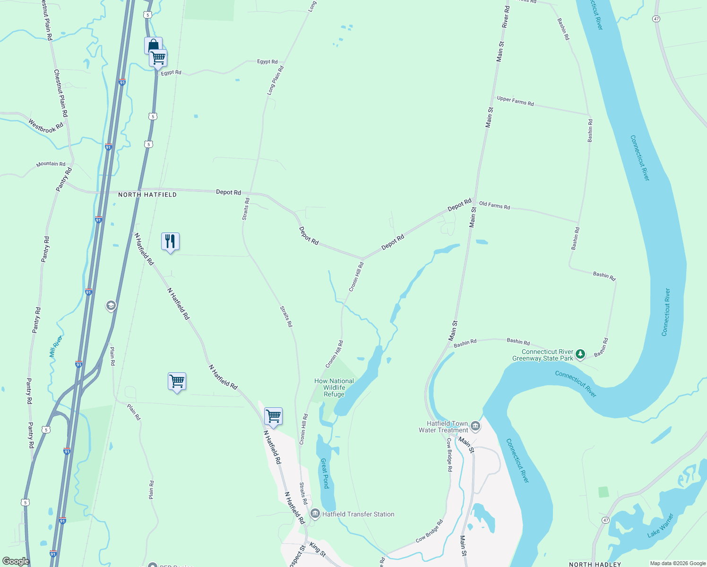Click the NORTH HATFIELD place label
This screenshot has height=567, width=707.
click(147, 195)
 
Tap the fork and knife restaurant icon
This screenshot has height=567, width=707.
click(170, 241)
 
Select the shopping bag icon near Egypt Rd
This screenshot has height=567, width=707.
click(153, 45)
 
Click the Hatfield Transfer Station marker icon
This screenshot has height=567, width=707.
click(315, 514)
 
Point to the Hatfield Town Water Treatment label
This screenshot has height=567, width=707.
click(443, 427)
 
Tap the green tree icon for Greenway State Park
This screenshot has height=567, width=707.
click(580, 354)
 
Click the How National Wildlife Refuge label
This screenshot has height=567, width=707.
click(334, 387)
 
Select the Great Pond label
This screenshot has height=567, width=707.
click(325, 473)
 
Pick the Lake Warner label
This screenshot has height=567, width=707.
click(660, 525)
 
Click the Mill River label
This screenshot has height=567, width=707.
click(55, 346)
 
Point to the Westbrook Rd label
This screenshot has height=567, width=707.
click(45, 126)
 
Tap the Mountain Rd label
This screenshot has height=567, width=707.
click(51, 164)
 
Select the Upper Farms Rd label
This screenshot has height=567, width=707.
click(515, 101)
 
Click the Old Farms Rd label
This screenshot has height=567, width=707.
click(494, 206)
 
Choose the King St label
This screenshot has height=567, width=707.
click(318, 549)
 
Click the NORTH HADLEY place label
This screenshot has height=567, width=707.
click(595, 564)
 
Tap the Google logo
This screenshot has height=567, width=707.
click(16, 561)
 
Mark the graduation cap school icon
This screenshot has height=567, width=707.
click(111, 306)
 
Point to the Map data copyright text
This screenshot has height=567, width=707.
click(678, 563)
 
